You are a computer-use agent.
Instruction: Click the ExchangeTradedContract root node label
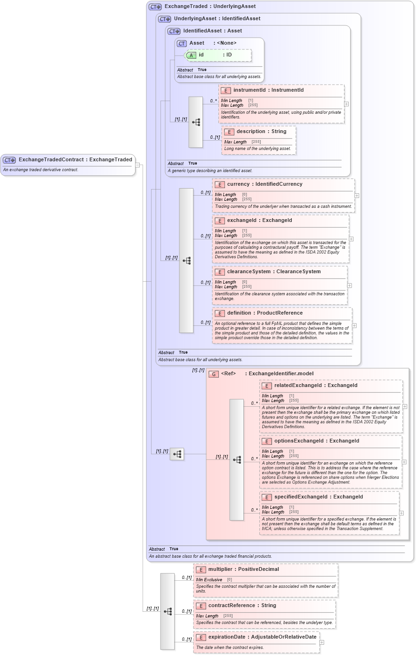point(75,160)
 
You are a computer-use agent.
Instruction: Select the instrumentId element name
point(249,90)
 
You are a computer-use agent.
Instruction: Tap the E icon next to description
point(229,132)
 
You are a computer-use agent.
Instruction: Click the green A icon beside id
point(191,55)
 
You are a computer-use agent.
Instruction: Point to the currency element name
point(239,184)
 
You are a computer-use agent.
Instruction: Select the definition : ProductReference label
point(264,313)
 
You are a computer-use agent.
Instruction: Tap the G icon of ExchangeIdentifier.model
point(214,374)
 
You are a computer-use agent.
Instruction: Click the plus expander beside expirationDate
point(322,642)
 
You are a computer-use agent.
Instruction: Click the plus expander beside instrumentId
point(346,104)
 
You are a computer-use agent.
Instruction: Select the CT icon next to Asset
point(182,43)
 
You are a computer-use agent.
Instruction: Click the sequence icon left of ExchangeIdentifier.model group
point(177,454)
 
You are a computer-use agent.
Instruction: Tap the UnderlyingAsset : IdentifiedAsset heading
point(216,19)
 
